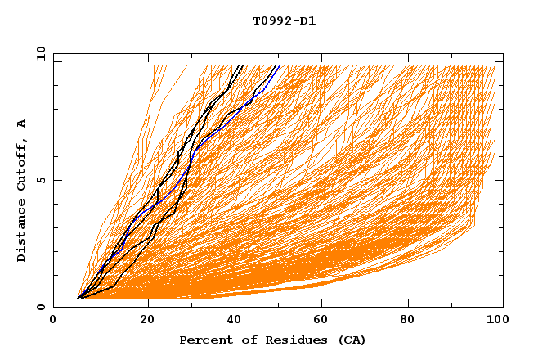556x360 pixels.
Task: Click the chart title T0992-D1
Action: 284,21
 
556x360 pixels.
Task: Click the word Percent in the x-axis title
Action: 204,340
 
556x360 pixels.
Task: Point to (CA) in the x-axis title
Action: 352,340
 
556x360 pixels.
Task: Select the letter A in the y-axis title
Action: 22,123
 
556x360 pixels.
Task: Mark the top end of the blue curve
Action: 279,66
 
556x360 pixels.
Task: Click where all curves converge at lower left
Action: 78,298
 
